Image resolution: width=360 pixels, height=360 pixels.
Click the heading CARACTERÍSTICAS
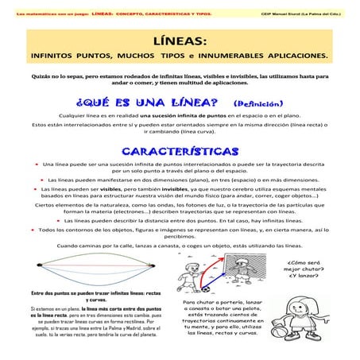[180, 151]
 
